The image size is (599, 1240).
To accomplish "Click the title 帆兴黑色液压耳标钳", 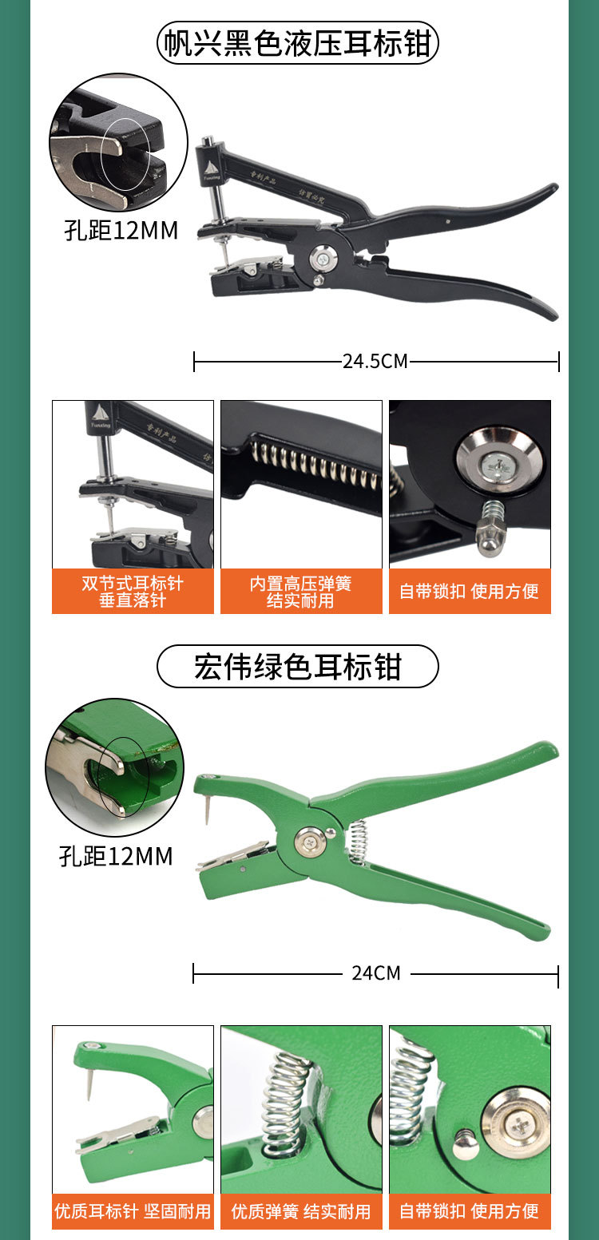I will (x=298, y=43).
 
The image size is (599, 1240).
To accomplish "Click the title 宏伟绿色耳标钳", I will (x=297, y=667).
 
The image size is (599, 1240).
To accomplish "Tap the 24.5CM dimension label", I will (x=375, y=361).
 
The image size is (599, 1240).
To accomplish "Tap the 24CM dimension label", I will (x=375, y=973).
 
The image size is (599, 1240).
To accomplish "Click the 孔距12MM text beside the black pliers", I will (x=121, y=231).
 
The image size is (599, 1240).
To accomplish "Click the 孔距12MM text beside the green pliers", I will (x=116, y=857).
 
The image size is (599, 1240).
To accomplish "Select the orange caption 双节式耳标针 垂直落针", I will (x=133, y=592).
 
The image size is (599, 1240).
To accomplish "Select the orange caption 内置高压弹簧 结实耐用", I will (x=301, y=592).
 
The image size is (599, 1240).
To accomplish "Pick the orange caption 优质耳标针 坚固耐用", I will (x=133, y=1211).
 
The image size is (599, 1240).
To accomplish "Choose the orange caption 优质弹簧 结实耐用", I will (x=301, y=1211).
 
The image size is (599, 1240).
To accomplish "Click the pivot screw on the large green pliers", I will (x=308, y=840).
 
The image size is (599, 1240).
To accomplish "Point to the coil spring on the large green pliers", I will (x=357, y=841).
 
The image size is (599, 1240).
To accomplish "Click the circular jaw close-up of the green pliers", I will (x=114, y=767).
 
